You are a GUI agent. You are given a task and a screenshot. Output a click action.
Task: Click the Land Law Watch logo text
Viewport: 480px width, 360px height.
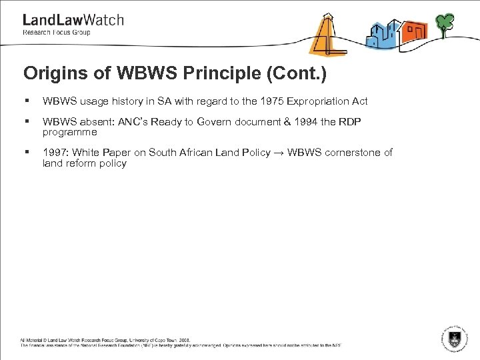[x=73, y=20]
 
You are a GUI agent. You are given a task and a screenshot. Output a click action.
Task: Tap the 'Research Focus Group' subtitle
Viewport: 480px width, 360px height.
[x=57, y=32]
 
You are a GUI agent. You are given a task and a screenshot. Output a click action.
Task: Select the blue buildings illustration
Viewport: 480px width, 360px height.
[x=383, y=34]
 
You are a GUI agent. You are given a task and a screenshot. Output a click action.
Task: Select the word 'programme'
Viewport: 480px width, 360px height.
[x=69, y=132]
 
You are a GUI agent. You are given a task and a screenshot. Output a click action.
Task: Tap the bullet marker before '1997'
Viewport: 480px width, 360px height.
[x=26, y=153]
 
